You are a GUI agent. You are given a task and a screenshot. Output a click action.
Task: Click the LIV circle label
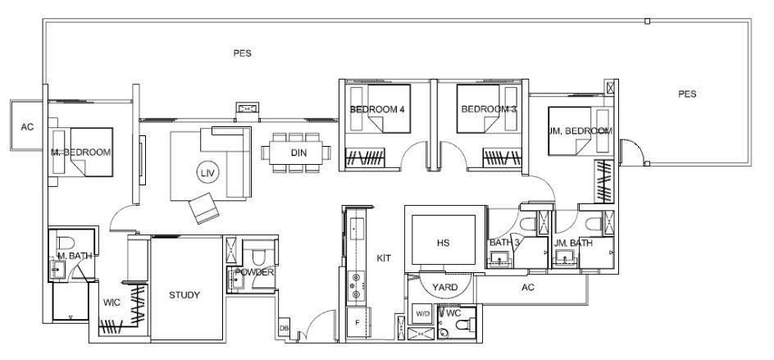(207, 172)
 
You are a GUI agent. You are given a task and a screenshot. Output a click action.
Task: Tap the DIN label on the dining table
(298, 153)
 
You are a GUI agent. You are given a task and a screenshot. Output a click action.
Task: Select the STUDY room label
(184, 295)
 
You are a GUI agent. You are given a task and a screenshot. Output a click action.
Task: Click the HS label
(444, 243)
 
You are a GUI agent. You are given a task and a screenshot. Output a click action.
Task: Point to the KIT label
(384, 257)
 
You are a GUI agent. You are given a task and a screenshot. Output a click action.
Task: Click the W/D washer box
(422, 313)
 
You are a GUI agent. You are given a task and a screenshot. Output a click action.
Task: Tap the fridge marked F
(357, 323)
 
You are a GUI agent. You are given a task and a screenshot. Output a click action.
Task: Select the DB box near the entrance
(284, 328)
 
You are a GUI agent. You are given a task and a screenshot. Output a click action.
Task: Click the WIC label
(112, 303)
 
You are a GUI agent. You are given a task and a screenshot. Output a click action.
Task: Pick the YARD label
(444, 287)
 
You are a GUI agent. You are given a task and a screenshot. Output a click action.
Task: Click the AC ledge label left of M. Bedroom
(27, 127)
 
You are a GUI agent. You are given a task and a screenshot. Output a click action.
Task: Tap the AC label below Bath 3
(528, 287)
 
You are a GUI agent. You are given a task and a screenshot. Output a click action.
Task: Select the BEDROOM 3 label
(489, 109)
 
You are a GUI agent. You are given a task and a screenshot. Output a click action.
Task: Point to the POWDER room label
(254, 272)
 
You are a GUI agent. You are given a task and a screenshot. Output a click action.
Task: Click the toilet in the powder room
(257, 257)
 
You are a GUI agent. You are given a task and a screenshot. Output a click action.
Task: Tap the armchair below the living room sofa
(204, 208)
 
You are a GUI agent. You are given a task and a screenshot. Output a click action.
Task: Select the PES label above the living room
(243, 53)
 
